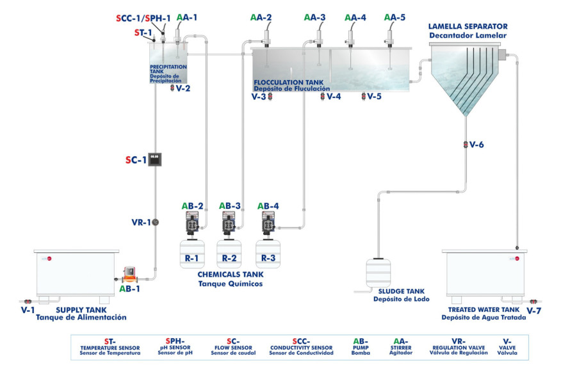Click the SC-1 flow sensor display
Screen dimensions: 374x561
154,159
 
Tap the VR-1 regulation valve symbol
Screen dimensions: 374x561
155,222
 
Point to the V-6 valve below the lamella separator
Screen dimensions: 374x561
466,145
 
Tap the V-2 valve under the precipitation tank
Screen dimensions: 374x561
172,88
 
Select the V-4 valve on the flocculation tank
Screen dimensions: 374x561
323,97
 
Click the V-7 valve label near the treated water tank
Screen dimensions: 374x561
535,311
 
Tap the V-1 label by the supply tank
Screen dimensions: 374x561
28,309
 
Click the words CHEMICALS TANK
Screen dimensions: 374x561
229,273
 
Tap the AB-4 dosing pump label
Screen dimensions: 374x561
268,206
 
